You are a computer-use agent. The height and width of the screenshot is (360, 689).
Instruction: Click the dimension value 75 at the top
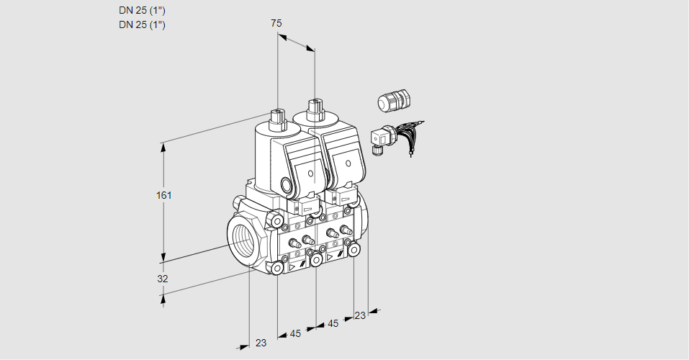(x=276, y=23)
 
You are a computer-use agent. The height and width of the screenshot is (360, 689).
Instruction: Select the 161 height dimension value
(x=164, y=195)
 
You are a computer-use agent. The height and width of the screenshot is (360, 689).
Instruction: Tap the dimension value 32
(x=163, y=279)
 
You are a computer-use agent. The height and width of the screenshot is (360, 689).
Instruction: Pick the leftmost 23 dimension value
(x=261, y=343)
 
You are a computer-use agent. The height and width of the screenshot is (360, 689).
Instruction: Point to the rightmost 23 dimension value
(x=360, y=315)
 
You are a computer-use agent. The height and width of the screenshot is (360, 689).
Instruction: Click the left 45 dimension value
(x=295, y=333)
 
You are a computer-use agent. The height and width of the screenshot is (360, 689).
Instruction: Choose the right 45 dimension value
(x=333, y=323)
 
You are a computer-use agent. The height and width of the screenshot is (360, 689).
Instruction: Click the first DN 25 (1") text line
(x=142, y=11)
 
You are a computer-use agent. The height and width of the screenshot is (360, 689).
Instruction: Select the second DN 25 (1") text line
(x=142, y=24)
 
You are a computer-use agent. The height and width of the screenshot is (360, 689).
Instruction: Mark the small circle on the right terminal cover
(x=348, y=163)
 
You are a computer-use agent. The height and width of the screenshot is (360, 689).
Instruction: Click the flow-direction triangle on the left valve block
(x=292, y=267)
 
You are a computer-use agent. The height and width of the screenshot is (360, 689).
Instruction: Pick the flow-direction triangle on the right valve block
(x=330, y=258)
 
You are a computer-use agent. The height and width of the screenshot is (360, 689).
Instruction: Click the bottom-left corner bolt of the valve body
(x=277, y=268)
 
